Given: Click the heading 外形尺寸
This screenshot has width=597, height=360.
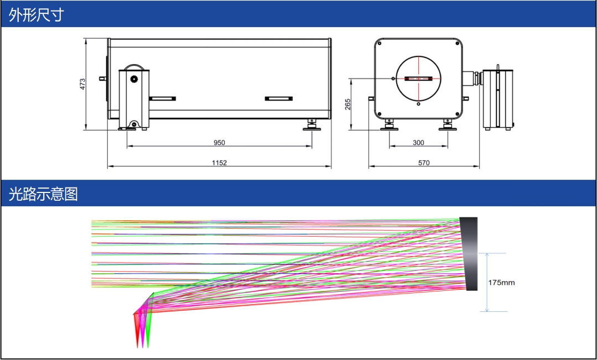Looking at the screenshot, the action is click(37, 15).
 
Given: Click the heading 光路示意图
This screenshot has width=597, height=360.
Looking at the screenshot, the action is click(43, 194).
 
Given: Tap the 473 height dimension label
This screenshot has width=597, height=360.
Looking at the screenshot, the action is click(82, 84).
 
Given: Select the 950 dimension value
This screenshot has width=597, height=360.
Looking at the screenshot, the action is click(219, 143).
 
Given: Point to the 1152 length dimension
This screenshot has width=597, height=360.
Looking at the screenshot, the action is click(219, 163).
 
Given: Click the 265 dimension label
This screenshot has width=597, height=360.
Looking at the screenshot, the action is click(348, 105).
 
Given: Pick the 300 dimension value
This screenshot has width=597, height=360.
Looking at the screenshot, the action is click(418, 143).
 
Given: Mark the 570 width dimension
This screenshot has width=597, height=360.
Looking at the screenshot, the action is click(424, 163).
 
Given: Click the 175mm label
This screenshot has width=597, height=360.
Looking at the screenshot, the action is click(501, 283).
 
